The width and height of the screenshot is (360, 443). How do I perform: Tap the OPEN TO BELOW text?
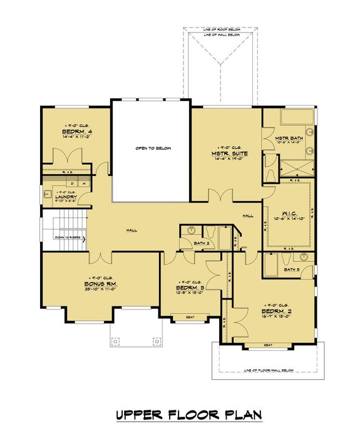[x=153, y=149]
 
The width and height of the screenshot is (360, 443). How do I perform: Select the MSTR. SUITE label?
[x=227, y=152]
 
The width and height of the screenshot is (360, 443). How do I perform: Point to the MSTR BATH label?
[x=289, y=137]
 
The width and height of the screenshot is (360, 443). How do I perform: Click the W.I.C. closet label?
[x=289, y=212]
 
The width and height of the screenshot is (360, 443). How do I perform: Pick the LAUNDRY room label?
[x=65, y=197]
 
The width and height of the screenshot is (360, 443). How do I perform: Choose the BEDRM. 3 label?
[x=192, y=288]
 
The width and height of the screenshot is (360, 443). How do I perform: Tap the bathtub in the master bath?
[x=291, y=118]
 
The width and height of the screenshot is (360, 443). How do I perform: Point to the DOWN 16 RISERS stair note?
[x=67, y=237]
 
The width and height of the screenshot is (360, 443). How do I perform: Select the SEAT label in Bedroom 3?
[x=190, y=317]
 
